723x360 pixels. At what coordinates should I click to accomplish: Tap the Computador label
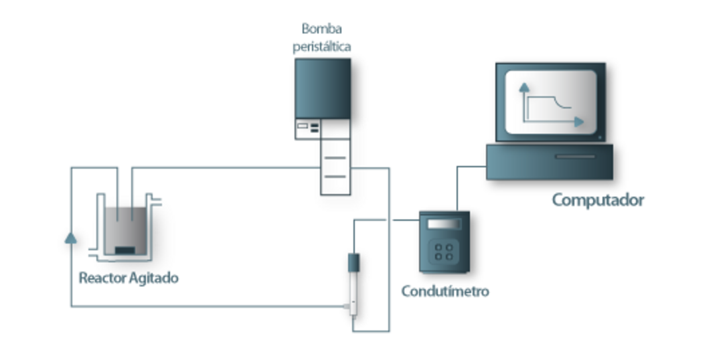point(598,199)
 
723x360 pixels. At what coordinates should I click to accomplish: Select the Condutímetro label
point(445,291)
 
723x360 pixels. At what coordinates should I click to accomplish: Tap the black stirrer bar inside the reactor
point(125,250)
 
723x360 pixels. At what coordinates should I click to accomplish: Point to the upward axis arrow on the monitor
point(524,86)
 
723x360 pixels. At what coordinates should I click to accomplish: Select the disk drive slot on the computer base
point(575,157)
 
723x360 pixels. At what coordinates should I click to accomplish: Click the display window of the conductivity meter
point(445,223)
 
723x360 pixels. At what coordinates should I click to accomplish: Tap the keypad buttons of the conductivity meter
point(444,252)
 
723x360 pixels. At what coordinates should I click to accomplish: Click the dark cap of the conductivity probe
point(353,262)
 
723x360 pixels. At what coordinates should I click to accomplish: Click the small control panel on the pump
point(307,128)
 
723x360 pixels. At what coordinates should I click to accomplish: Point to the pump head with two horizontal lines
point(335,167)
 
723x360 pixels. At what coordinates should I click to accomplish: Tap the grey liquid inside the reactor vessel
point(125,228)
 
